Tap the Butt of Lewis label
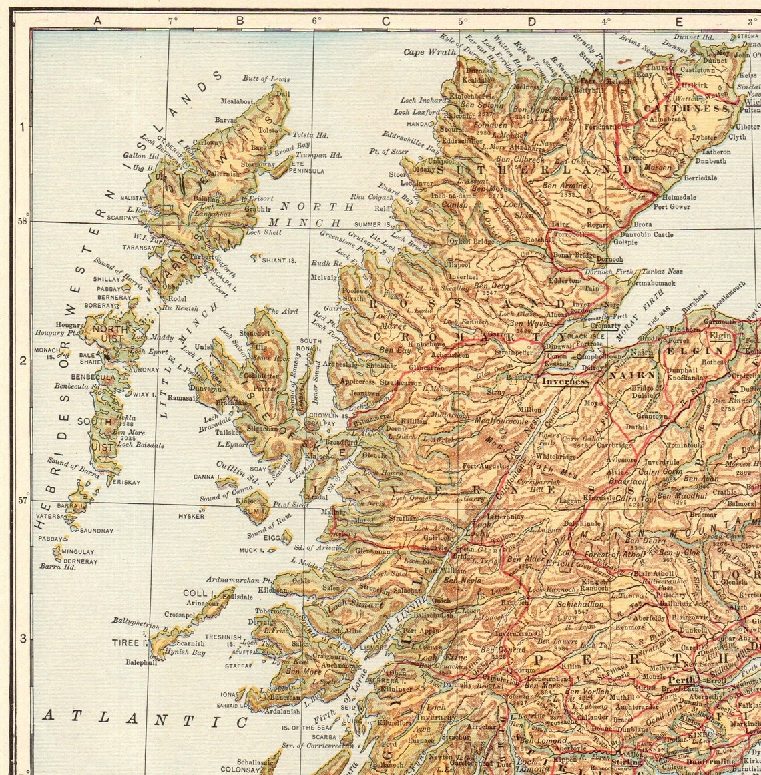(266, 79)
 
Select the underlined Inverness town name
(565, 382)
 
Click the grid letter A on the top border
(97, 21)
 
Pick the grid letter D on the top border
(531, 21)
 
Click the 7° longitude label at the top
(173, 21)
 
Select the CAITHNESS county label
(686, 108)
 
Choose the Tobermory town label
(272, 611)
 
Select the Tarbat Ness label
(662, 272)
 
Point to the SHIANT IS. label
(278, 260)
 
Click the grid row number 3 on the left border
(22, 638)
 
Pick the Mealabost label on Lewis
(237, 101)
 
